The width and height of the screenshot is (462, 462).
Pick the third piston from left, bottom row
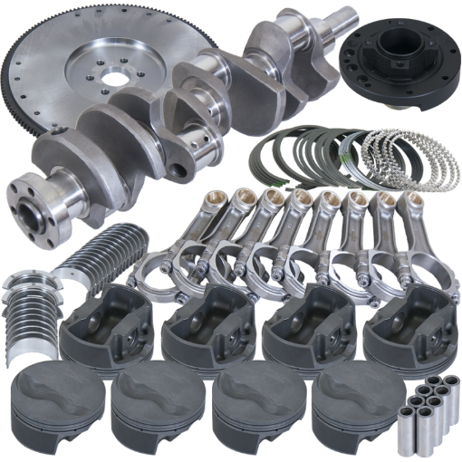[x=254, y=408]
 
